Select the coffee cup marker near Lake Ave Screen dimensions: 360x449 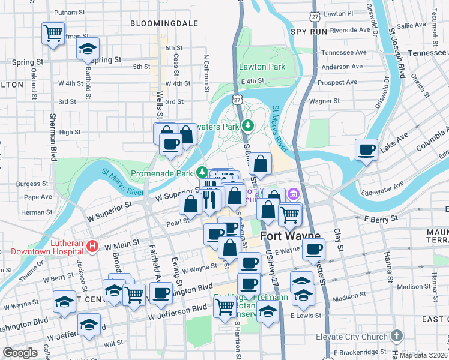[x=366, y=149]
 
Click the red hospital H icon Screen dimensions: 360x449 [x=92, y=245]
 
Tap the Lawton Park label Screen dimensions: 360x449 [x=262, y=67]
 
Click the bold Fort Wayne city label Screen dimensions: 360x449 [x=291, y=236]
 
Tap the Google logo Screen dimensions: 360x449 [x=20, y=353]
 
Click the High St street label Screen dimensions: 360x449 [x=70, y=132]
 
